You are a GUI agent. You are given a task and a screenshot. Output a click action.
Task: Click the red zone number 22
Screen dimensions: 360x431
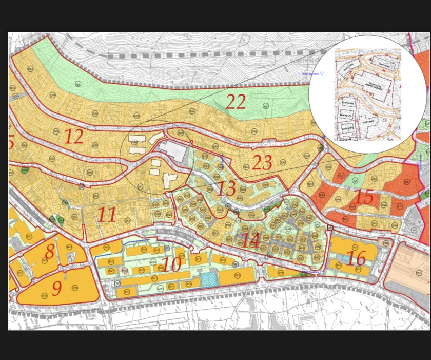[236, 102]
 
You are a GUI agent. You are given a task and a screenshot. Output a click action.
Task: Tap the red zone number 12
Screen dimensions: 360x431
[74, 137]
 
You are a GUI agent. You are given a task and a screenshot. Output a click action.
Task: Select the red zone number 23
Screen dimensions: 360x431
[262, 163]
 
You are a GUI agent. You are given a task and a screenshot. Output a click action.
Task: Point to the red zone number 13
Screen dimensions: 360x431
[226, 188]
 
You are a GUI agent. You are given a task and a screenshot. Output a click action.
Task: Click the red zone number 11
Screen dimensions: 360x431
[107, 214]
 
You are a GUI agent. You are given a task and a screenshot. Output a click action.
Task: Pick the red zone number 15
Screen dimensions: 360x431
[364, 197]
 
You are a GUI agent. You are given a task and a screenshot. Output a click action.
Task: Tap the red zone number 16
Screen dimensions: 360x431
[356, 258]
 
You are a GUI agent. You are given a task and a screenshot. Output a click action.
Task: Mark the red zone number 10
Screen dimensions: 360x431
[172, 265]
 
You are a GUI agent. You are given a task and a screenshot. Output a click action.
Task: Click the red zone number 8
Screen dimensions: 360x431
[49, 252]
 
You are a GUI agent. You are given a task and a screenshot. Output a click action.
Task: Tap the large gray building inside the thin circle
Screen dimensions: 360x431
[172, 152]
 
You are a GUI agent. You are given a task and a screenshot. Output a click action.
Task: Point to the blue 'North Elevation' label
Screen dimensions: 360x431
[310, 74]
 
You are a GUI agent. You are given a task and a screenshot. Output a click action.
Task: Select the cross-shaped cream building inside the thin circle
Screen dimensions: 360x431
[170, 180]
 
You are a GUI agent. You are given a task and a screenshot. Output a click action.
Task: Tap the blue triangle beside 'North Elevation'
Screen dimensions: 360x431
[322, 74]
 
